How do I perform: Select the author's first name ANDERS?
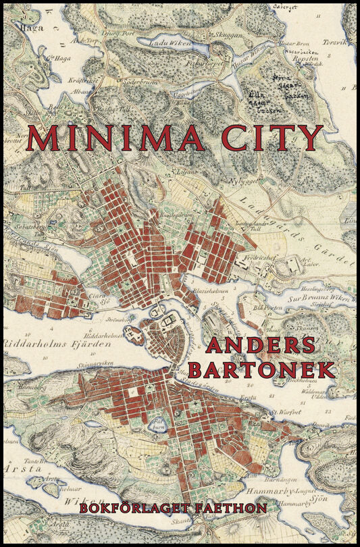click(261, 345)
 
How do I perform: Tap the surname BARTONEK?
click(261, 369)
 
